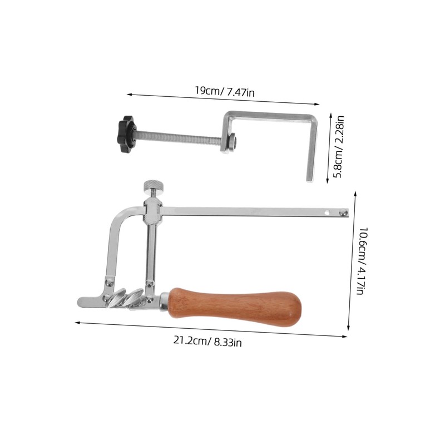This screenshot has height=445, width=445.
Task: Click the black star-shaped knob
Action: (126, 134)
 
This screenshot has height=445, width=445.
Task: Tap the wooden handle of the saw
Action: (235, 307)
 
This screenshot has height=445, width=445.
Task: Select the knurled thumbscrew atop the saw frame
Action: (154, 187)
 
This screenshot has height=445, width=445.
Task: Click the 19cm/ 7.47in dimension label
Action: (225, 91)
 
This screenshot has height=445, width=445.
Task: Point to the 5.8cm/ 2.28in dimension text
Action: (339, 147)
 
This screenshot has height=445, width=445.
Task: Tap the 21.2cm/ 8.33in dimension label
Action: (207, 341)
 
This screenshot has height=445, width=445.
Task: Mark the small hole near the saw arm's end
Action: (327, 212)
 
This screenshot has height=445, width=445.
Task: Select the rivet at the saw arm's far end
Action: (343, 212)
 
